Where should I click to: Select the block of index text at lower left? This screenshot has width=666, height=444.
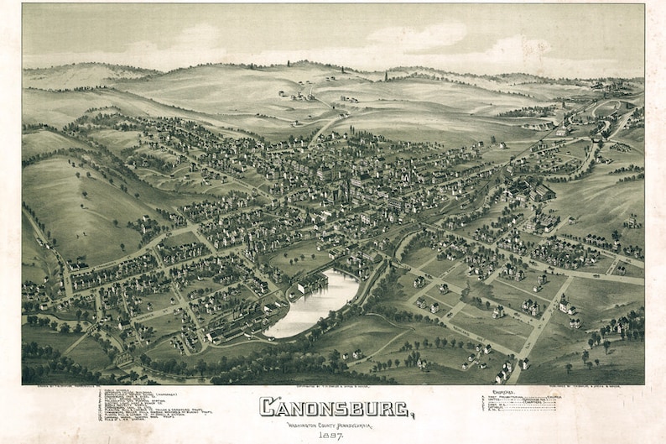tap(151, 404)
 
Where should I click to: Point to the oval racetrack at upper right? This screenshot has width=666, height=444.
tap(608, 108)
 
